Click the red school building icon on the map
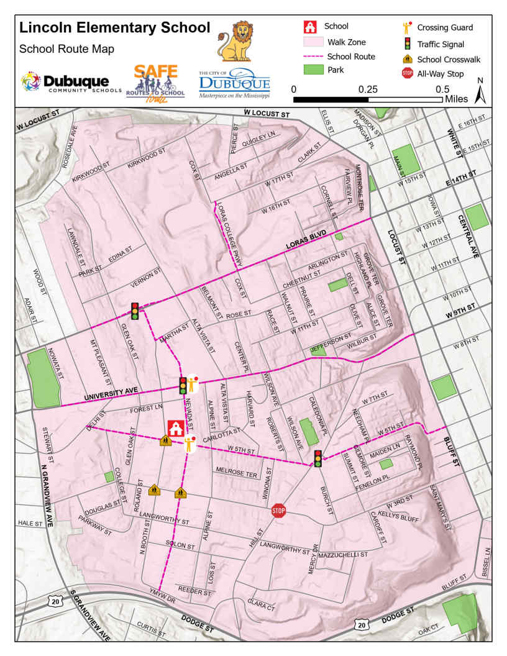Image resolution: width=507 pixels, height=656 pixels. click(x=175, y=429)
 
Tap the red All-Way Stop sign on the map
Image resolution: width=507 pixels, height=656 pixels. click(x=278, y=511)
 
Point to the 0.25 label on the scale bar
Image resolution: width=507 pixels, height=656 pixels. click(x=369, y=89)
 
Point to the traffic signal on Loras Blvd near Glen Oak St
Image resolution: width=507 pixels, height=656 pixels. click(x=135, y=311)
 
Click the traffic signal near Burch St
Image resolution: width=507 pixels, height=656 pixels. click(x=318, y=458)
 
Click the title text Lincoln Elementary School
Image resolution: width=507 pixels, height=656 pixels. click(x=115, y=27)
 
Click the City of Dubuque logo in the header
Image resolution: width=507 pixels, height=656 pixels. click(x=234, y=84)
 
